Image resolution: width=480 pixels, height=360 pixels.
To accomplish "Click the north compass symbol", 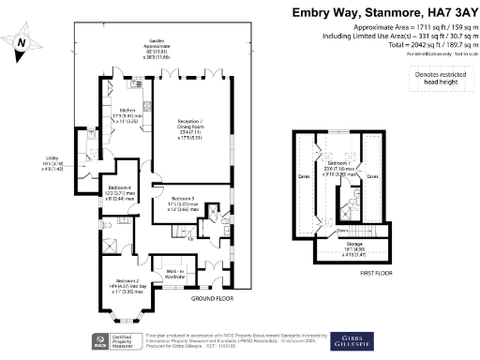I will coord(23,46).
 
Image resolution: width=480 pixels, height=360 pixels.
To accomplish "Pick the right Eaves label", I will coord(372,175).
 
